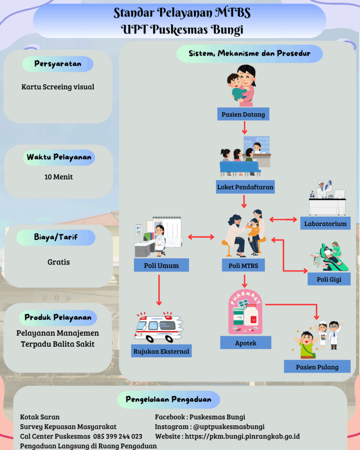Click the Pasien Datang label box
click(243, 115)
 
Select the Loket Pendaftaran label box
click(245, 187)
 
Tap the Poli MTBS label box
click(243, 265)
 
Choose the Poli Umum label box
click(161, 265)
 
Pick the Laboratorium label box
click(325, 224)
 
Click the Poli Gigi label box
click(329, 279)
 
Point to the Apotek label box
click(246, 343)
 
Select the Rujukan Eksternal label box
click(161, 351)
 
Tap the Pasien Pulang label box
click(317, 367)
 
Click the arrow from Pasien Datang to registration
click(244, 128)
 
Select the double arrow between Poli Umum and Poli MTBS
click(201, 237)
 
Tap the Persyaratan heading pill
click(58, 64)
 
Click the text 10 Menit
click(58, 177)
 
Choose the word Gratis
click(58, 262)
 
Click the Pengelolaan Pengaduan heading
click(168, 399)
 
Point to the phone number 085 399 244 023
click(118, 436)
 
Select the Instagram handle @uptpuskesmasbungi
click(229, 427)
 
